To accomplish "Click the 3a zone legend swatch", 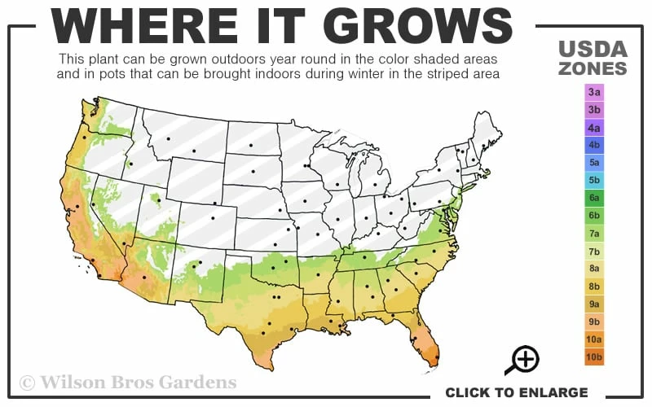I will (x=593, y=91).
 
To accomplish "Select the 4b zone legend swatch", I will (x=593, y=144).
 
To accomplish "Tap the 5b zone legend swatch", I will (x=593, y=180).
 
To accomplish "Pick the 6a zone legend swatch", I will (x=593, y=198).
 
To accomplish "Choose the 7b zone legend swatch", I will (x=593, y=251).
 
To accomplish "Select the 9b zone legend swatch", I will (x=593, y=322).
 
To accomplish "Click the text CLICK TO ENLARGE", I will (x=516, y=392).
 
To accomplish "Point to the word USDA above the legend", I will (x=593, y=48).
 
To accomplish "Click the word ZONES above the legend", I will (x=593, y=68).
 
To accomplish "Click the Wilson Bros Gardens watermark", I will (x=128, y=382).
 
